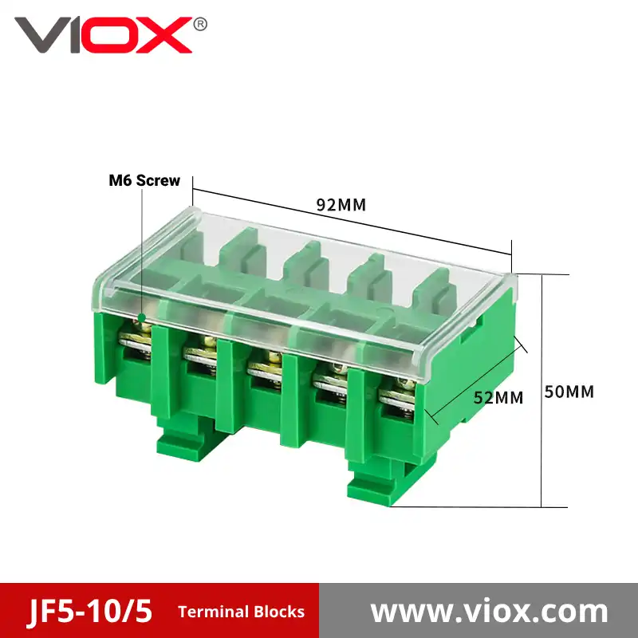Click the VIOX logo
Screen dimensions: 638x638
(x=104, y=35)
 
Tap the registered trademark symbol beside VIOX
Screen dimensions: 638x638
(x=200, y=25)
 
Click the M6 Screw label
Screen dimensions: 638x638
(x=144, y=181)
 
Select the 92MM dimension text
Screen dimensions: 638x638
(x=341, y=205)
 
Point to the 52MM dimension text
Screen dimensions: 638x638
(x=498, y=397)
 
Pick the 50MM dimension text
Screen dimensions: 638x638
(x=569, y=392)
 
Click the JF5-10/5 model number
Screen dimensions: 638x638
(x=90, y=611)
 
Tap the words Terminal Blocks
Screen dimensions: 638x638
(x=242, y=612)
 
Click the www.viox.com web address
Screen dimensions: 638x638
(x=489, y=611)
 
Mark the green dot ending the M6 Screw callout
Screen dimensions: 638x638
(x=142, y=317)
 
